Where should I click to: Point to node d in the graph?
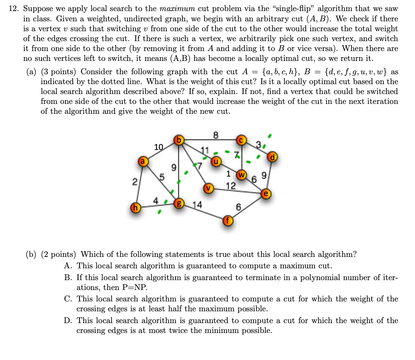pos(272,156)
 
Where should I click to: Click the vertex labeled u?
pos(216,161)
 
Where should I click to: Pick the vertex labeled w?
pos(242,175)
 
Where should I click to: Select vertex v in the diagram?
pos(208,188)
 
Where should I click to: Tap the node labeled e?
pos(266,193)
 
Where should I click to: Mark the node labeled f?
pos(228,221)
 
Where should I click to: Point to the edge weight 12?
pos(231,186)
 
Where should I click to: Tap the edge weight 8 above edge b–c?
pos(215,134)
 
